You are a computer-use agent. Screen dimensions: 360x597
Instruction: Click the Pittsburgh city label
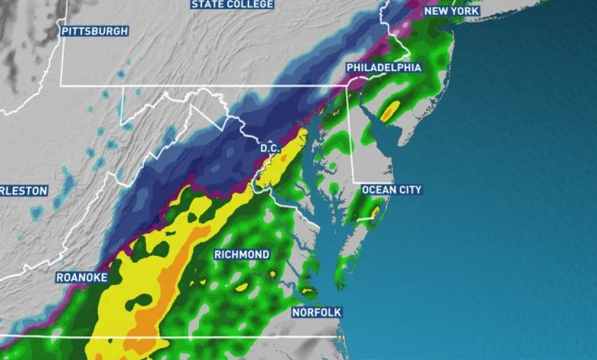point(94,31)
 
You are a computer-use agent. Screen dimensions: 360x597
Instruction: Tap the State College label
point(232,5)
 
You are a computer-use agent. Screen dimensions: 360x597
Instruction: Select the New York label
point(452,11)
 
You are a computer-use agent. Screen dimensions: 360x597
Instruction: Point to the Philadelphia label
point(383,67)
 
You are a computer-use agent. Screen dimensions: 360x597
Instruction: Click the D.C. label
point(270,147)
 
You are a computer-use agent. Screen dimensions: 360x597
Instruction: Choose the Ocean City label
point(391,189)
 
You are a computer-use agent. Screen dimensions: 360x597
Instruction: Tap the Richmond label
point(242,254)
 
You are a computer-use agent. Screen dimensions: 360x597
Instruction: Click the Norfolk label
point(316,313)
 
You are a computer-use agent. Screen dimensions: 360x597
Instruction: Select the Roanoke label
point(82,277)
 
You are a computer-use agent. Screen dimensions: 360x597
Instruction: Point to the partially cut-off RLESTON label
point(24,190)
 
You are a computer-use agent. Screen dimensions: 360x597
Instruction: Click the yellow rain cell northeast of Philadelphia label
point(390,111)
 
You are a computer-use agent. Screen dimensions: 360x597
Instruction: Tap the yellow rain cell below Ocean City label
point(375,210)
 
